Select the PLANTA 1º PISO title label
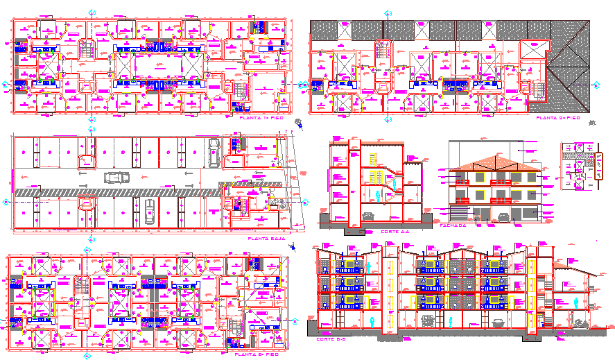[x=259, y=119]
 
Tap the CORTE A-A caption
[x=396, y=231]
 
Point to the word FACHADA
[x=453, y=225]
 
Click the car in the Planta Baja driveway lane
[x=116, y=177]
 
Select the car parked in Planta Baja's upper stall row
[x=214, y=151]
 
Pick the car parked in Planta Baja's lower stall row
[x=149, y=209]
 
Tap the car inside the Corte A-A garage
[x=368, y=216]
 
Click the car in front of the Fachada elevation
[x=503, y=217]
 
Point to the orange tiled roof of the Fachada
[x=494, y=162]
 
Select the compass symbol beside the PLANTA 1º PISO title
[x=298, y=124]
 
